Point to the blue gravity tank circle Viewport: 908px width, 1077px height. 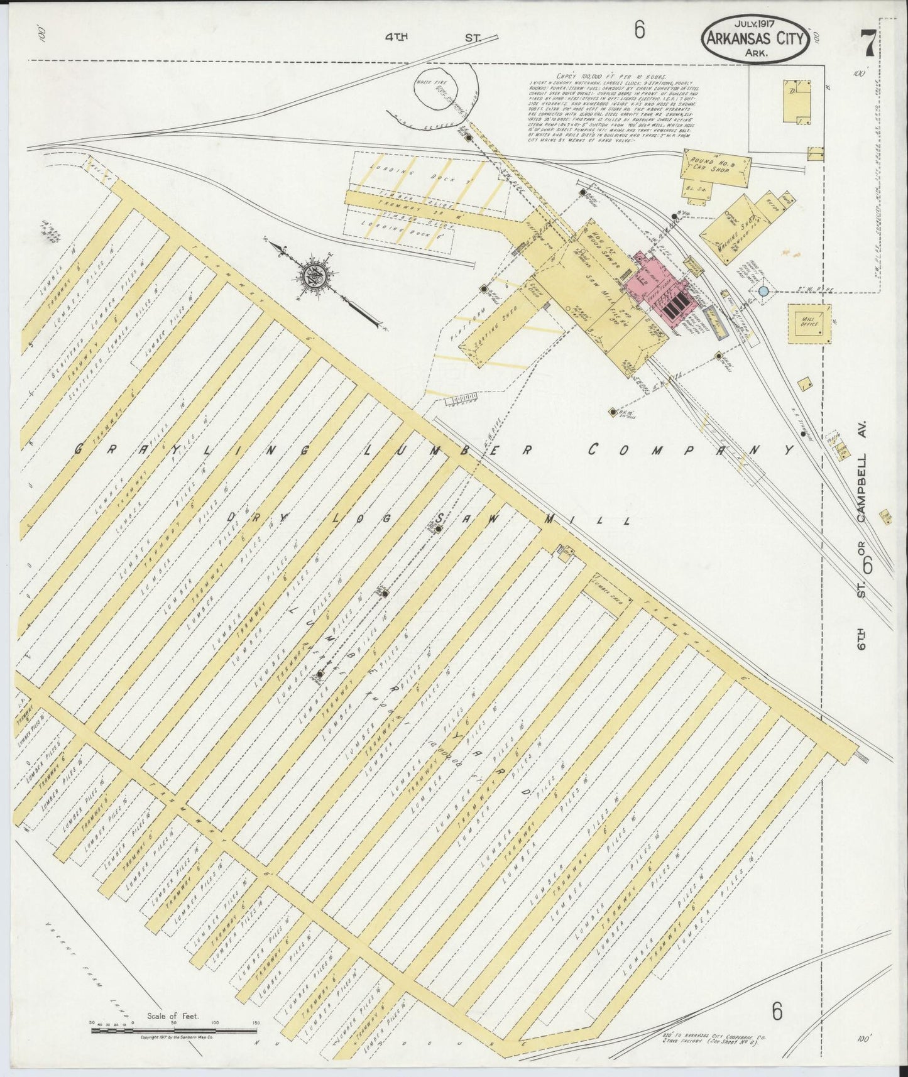pyautogui.click(x=763, y=292)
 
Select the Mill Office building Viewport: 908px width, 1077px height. pyautogui.click(x=809, y=322)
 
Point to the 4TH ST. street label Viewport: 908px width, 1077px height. pyautogui.click(x=432, y=38)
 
